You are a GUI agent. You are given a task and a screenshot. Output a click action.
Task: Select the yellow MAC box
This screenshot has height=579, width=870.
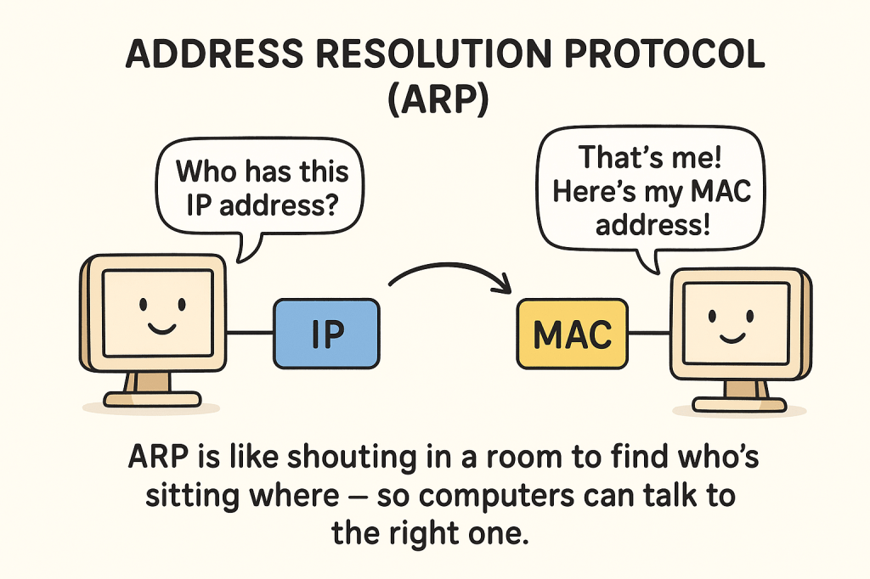point(572,334)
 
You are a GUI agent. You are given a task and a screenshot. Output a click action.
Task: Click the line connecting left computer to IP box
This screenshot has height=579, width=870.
point(251,333)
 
